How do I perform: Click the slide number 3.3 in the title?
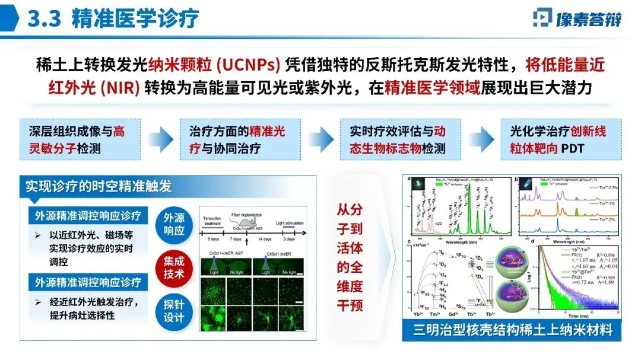pyautogui.click(x=45, y=19)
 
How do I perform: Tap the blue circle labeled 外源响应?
pyautogui.click(x=177, y=224)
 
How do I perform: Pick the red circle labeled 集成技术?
pyautogui.click(x=177, y=266)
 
